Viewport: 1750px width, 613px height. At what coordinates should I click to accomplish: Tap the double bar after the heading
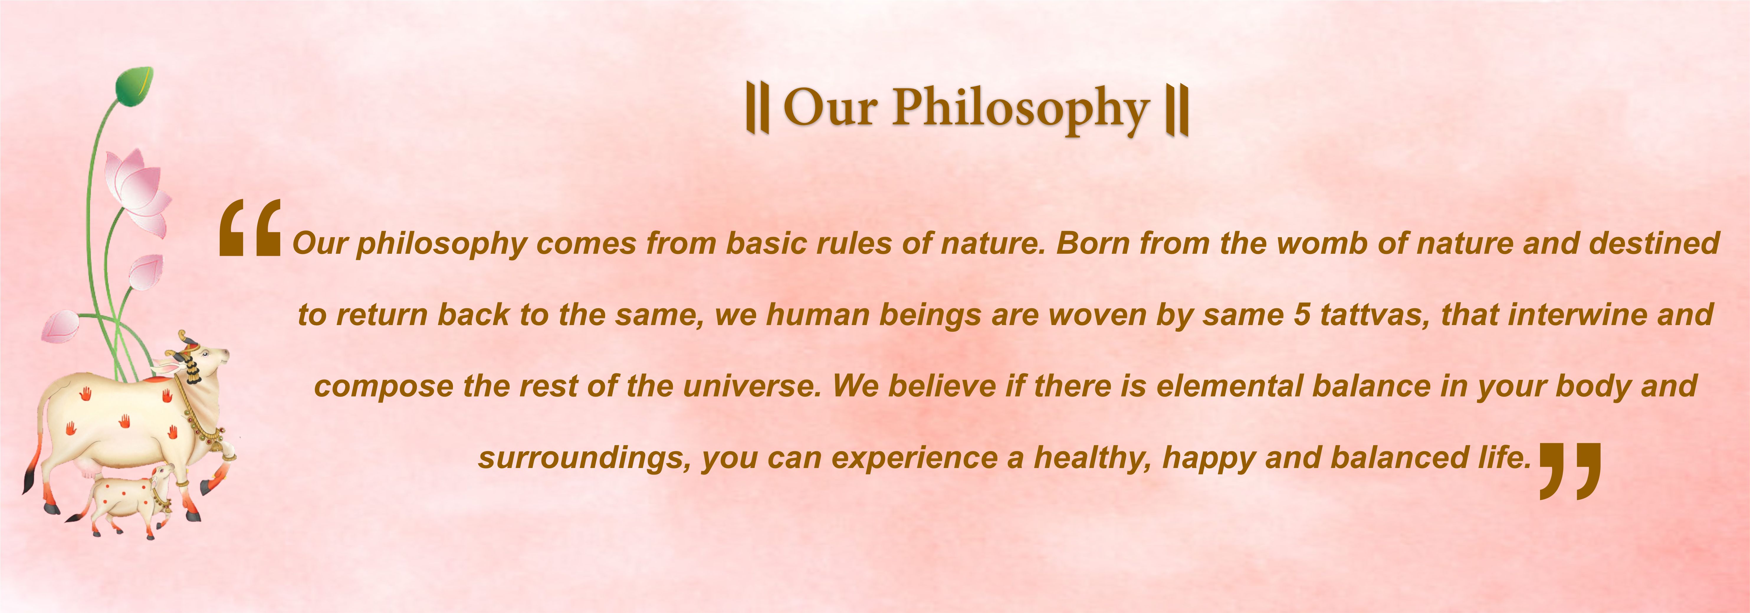(x=1177, y=110)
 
